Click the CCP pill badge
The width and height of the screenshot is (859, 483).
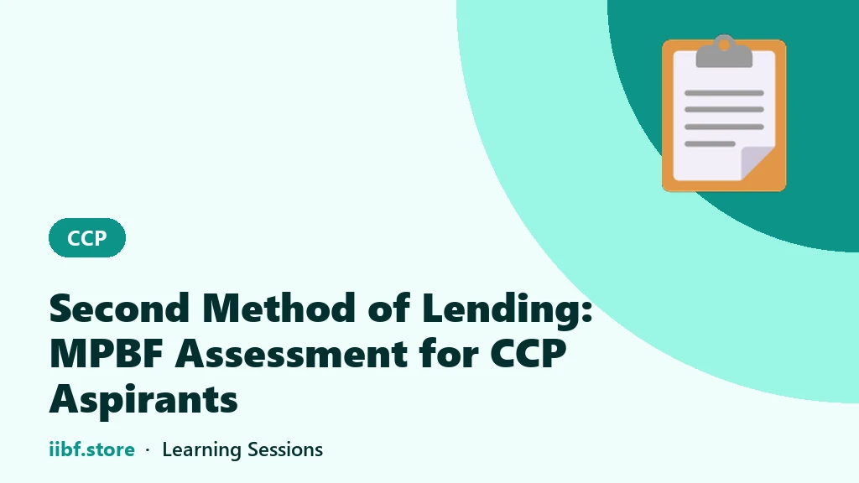87,237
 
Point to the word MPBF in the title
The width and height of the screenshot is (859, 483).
107,354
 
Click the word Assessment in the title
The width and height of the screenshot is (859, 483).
291,354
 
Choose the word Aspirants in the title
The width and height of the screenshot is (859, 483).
143,401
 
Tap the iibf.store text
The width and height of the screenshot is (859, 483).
92,449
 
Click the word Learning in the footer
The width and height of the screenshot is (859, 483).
201,450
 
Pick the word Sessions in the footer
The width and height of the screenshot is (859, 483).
285,449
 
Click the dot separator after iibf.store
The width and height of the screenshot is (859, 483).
148,450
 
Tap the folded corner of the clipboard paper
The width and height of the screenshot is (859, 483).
757,163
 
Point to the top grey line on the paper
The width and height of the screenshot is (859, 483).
724,93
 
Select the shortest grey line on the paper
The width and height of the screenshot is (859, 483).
710,144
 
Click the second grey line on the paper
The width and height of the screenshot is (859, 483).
724,110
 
